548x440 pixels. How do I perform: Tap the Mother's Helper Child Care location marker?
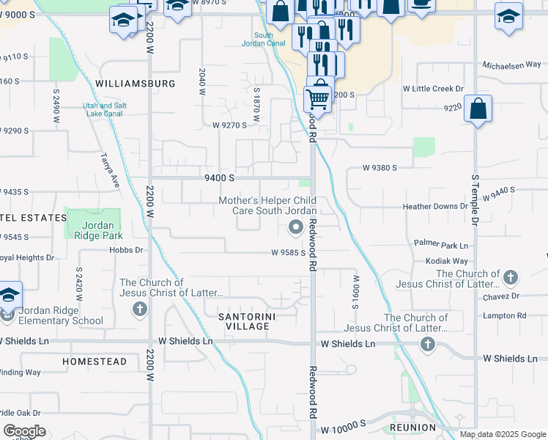(x=296, y=227)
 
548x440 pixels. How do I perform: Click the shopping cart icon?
(x=317, y=98)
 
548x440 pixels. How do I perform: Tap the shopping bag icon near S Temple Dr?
(x=478, y=110)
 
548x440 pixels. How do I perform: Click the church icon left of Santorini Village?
(x=139, y=309)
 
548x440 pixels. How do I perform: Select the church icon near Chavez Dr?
(x=511, y=278)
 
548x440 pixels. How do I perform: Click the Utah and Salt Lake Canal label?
(x=104, y=109)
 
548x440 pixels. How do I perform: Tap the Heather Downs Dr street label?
(x=434, y=207)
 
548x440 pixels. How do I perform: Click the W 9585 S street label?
(x=287, y=252)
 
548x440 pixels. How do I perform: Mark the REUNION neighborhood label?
(x=412, y=427)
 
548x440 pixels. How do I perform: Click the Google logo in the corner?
(x=24, y=431)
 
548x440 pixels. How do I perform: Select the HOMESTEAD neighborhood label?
(x=95, y=362)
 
